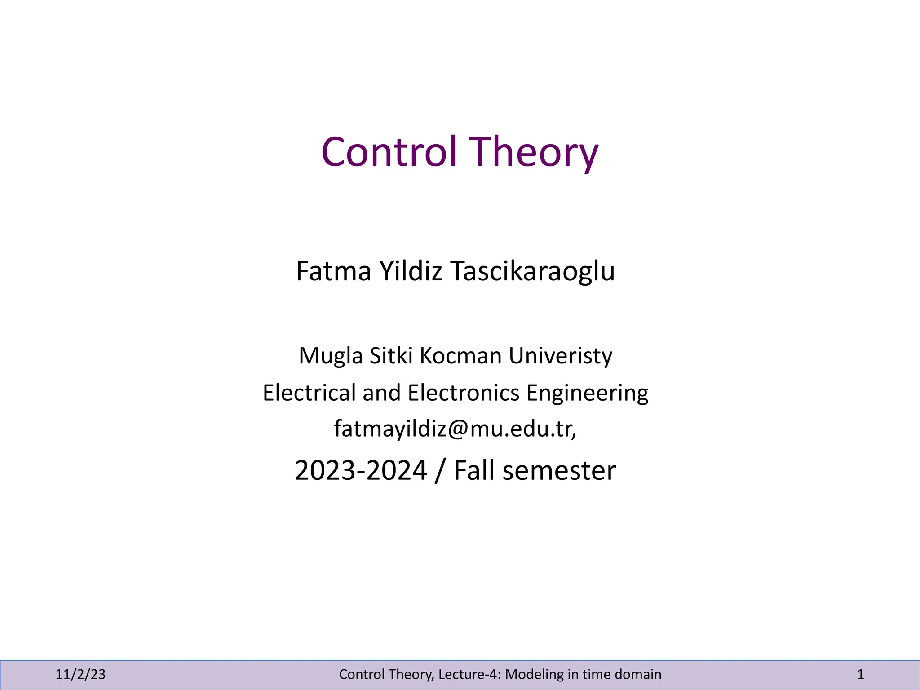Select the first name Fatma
(x=333, y=271)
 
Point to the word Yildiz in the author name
(x=411, y=271)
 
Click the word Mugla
(x=331, y=356)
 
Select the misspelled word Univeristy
(x=560, y=356)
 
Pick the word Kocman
(x=460, y=356)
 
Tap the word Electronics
(x=464, y=393)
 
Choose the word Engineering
(x=587, y=394)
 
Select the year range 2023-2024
(x=361, y=471)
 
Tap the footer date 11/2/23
(x=80, y=674)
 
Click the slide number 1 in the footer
(x=860, y=674)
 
